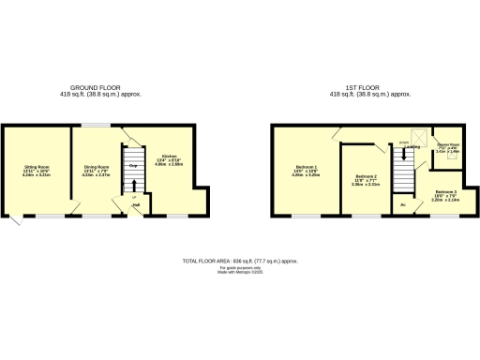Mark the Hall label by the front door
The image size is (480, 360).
(x=136, y=205)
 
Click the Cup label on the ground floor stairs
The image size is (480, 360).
(x=133, y=166)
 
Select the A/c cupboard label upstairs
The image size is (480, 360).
(x=403, y=203)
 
